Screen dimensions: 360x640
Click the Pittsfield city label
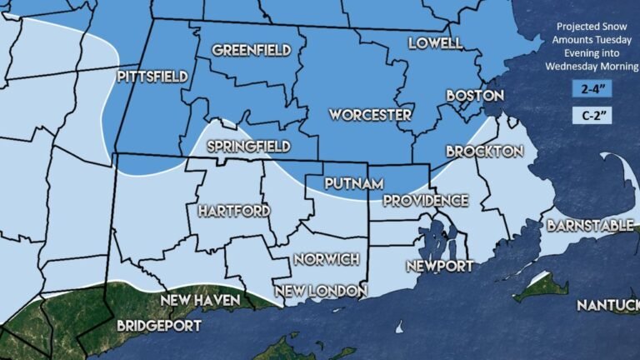[x=152, y=77]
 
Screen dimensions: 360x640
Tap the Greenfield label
[x=250, y=50]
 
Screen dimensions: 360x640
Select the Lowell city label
[x=434, y=42]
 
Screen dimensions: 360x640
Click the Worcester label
[x=370, y=114]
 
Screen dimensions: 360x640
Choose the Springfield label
[x=249, y=147]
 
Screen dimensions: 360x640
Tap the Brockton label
[x=484, y=152]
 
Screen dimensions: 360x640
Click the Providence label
[x=425, y=201]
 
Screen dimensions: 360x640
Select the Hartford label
[x=234, y=211]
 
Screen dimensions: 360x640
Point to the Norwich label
[x=326, y=259]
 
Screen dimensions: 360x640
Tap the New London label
[x=320, y=291]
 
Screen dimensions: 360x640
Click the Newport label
[x=439, y=266]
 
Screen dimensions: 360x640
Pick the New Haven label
[x=200, y=299]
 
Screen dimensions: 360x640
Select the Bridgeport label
[x=159, y=325]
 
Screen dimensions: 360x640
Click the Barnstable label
[x=588, y=225]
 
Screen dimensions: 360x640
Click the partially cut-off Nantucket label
[x=607, y=306]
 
